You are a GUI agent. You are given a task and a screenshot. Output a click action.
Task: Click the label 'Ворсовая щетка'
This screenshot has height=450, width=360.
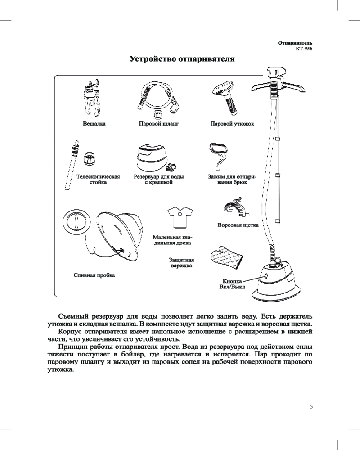[x=238, y=225]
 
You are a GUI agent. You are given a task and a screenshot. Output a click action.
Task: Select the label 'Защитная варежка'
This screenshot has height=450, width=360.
[x=181, y=263]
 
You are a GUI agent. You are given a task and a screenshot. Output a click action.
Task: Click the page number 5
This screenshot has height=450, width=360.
[x=310, y=407]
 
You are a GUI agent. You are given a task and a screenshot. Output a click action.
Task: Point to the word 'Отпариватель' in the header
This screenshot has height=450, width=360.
[x=295, y=43]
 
